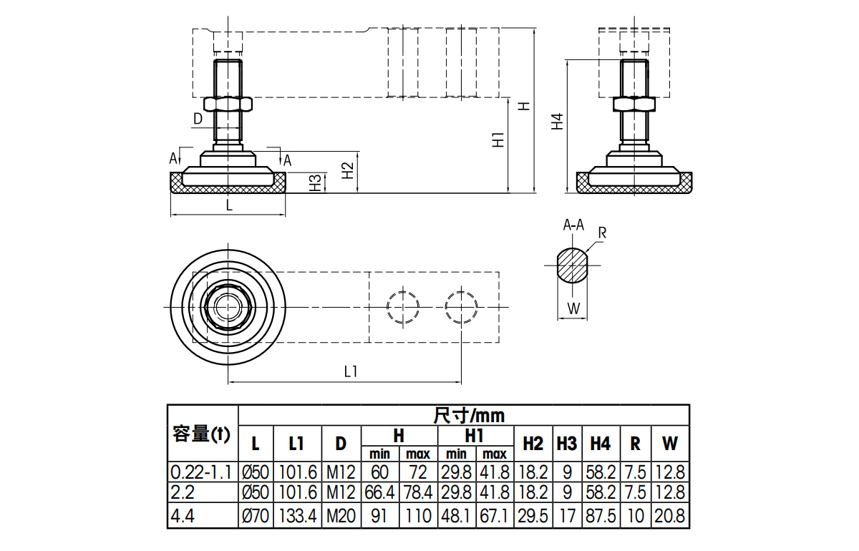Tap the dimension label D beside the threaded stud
pos(198,119)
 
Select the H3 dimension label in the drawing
pos(315,183)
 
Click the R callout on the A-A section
pos(602,233)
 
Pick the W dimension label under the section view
pos(573,308)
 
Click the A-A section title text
pos(573,225)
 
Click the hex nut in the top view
pos(228,307)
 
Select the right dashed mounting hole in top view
pos(461,307)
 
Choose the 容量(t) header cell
pos(202,434)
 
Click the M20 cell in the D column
pos(341,516)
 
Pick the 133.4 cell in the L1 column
pos(296,516)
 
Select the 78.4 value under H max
pos(417,493)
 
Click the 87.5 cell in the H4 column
pos(600,516)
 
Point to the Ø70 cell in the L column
pos(255,516)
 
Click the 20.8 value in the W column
pos(670,516)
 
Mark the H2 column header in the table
pos(533,443)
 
